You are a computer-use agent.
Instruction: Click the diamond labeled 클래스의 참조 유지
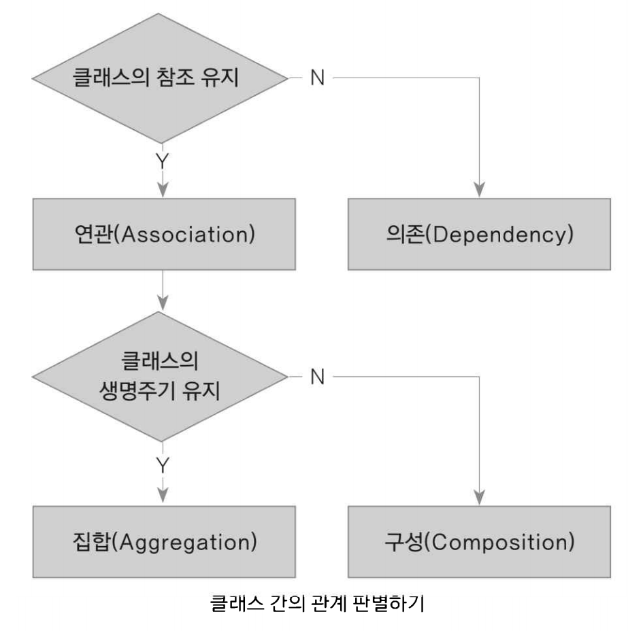tap(161, 77)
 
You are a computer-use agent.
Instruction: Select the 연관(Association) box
tap(161, 234)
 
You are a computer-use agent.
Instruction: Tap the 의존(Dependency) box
tap(480, 234)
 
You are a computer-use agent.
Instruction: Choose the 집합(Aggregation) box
tap(161, 543)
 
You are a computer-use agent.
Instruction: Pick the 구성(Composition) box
tap(480, 543)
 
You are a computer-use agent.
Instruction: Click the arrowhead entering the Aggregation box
tap(162, 499)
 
